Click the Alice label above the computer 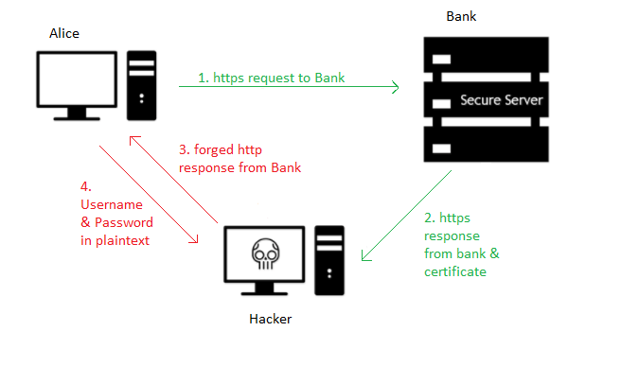[x=64, y=34]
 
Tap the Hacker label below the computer [x=270, y=319]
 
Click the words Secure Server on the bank [x=501, y=99]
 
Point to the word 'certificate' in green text [x=455, y=271]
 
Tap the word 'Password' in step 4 [x=121, y=222]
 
